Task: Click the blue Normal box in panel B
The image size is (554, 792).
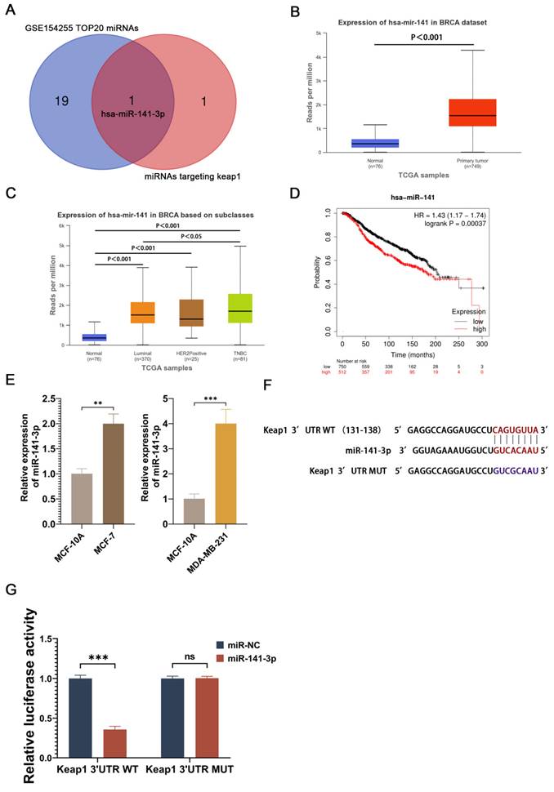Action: pyautogui.click(x=351, y=144)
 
